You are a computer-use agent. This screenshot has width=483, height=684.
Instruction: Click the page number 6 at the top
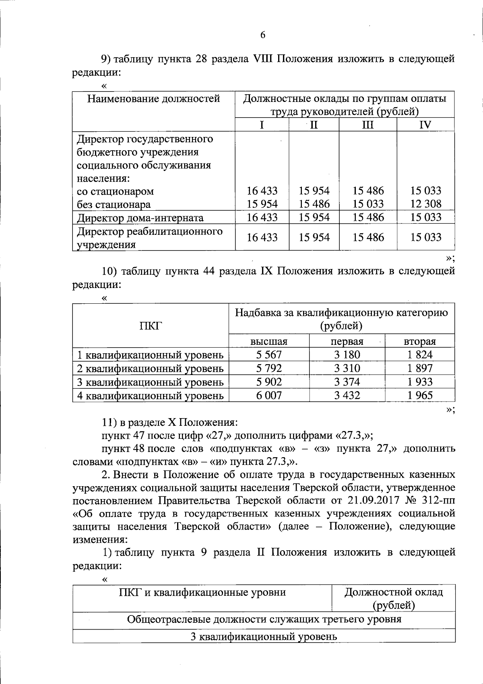click(263, 35)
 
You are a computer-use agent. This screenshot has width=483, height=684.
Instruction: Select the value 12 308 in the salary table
click(425, 204)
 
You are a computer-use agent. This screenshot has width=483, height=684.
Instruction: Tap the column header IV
click(425, 125)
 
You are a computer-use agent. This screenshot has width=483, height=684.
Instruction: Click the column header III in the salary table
click(367, 125)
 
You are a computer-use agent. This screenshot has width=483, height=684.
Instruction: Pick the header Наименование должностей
click(154, 99)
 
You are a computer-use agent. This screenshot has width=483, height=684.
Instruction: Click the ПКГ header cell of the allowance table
click(151, 325)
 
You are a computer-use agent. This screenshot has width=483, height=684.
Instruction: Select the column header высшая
click(268, 342)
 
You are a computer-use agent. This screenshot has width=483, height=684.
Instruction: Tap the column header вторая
click(419, 342)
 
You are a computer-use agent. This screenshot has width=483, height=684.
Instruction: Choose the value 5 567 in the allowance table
click(269, 355)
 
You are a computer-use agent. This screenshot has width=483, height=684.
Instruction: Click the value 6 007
click(269, 396)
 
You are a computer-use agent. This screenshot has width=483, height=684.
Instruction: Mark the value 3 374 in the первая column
click(347, 382)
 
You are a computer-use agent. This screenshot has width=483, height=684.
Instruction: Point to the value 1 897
click(419, 368)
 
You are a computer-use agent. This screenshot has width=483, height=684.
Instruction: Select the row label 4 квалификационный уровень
click(151, 396)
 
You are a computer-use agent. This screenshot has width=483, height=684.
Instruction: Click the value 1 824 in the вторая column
click(419, 355)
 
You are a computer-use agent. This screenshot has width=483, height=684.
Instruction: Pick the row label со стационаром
click(115, 191)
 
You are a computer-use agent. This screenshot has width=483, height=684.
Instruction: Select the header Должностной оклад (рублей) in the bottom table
click(393, 598)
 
